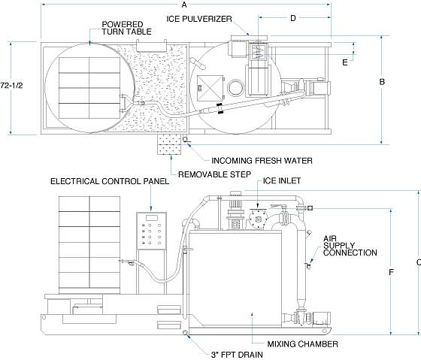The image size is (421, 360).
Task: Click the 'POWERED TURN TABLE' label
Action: [x=126, y=29]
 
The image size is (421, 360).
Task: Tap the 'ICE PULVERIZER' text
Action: [x=199, y=19]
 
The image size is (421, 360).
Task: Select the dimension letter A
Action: [x=184, y=5]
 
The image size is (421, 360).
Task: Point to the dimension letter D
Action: [x=293, y=18]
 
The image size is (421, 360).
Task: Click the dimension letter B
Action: [x=382, y=82]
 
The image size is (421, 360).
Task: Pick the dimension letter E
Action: [x=345, y=62]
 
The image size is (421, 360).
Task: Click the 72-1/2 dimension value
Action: [x=11, y=85]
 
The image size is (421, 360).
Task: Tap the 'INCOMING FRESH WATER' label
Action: [x=262, y=161]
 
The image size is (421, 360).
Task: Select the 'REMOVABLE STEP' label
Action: [x=214, y=174]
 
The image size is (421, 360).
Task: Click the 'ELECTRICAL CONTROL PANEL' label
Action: [x=110, y=181]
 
